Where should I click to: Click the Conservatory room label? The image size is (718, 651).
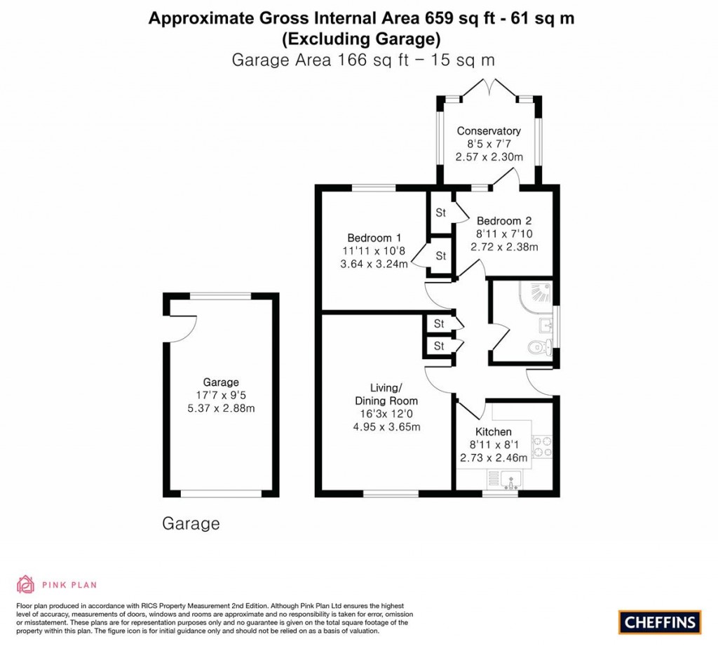tap(489, 131)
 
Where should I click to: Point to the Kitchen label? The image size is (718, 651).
tap(493, 431)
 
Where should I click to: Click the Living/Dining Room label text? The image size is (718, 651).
tap(386, 394)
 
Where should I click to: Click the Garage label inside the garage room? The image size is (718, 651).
tap(221, 382)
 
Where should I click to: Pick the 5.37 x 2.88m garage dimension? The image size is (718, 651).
tap(221, 408)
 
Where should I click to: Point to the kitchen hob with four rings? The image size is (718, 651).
tap(542, 447)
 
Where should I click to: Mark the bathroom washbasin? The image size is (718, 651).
tap(548, 325)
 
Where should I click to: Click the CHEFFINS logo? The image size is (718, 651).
tap(659, 622)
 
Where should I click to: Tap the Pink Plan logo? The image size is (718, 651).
tap(56, 584)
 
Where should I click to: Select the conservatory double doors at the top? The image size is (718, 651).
tap(489, 89)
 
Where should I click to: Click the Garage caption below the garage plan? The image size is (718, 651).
tap(191, 523)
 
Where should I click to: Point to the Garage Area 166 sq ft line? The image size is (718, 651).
tap(363, 60)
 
